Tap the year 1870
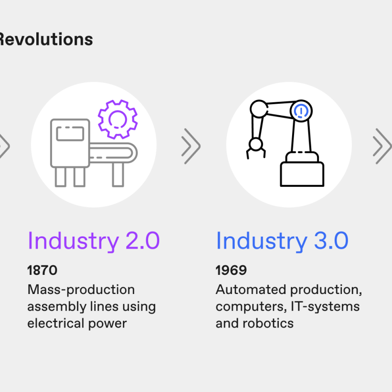42,270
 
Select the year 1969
231,270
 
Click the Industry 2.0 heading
94,241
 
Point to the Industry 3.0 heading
282,241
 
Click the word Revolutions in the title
46,40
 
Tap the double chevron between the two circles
191,146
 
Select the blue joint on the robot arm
301,111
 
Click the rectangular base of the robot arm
302,174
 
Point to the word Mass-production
81,290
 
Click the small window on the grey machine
70,134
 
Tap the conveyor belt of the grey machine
113,153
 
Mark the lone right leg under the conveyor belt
118,174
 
